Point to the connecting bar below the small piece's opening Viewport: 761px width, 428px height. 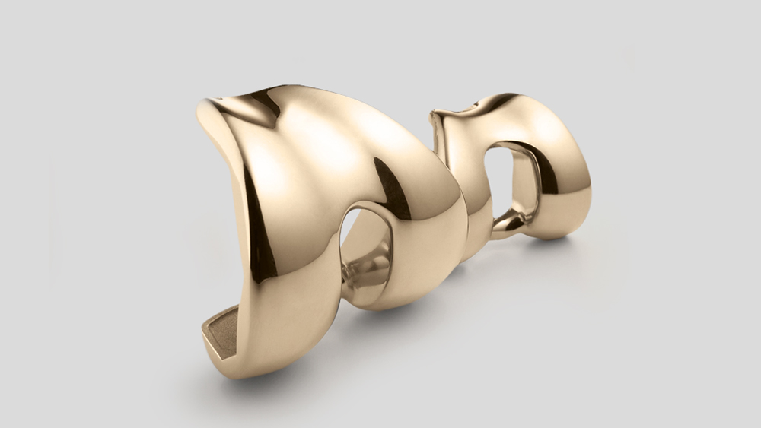click(x=511, y=221)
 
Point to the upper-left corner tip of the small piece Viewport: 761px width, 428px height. click(x=435, y=116)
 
